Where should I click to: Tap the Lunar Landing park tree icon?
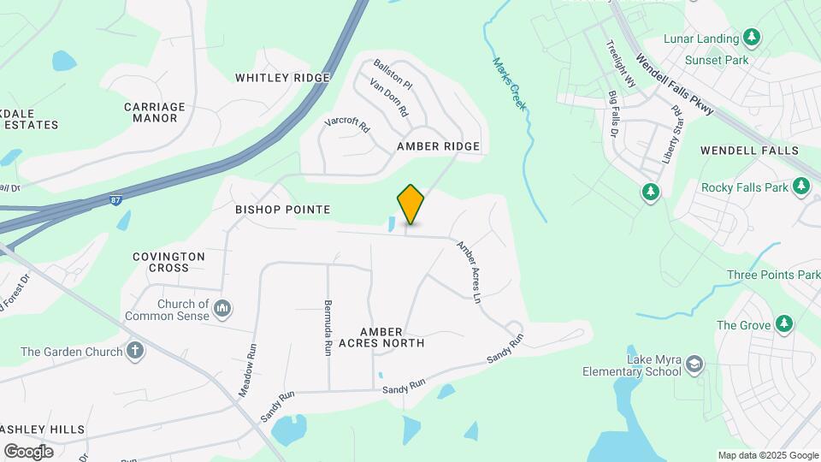pos(752,37)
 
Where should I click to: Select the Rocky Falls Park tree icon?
pos(800,186)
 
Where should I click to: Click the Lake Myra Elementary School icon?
pos(694,364)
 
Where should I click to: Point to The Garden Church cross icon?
pos(134,351)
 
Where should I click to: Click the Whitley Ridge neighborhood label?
pos(282,78)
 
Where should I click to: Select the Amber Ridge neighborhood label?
pos(438,146)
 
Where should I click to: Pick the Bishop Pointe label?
pos(282,210)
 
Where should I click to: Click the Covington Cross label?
pos(168,262)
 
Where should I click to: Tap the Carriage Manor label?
pos(154,112)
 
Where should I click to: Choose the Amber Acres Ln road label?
pos(469,272)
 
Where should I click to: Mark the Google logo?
pos(28,452)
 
